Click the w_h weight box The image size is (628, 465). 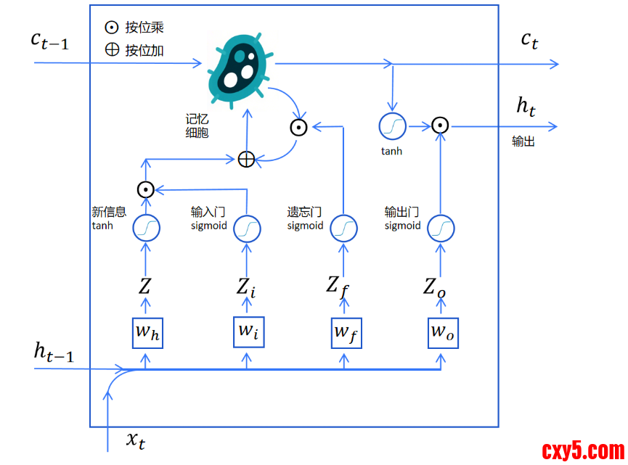click(x=147, y=333)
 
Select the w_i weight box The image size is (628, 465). click(x=248, y=331)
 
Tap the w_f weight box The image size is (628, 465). click(x=346, y=333)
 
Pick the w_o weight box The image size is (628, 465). click(x=443, y=333)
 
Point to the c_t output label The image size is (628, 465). click(x=530, y=40)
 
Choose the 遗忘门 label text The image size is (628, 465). click(x=304, y=212)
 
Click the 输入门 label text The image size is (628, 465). click(x=208, y=212)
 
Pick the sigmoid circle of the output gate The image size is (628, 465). click(x=439, y=229)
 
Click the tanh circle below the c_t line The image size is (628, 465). click(x=392, y=126)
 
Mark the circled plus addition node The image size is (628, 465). click(x=247, y=159)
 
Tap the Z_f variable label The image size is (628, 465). click(x=338, y=285)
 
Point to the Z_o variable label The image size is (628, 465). click(x=435, y=286)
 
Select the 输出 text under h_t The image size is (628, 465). click(x=523, y=141)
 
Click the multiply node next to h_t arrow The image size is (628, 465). click(x=439, y=125)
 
